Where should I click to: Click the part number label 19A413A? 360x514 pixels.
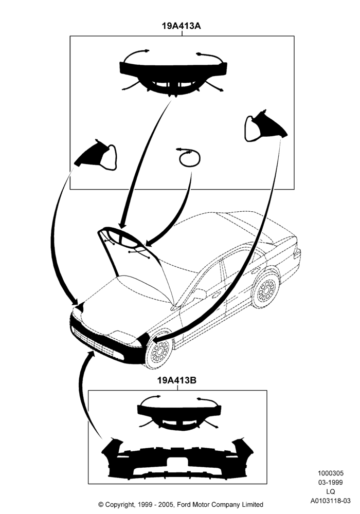[x=181, y=26]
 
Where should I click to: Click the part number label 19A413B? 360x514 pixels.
[x=177, y=380]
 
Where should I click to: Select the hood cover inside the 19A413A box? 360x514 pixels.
[x=173, y=75]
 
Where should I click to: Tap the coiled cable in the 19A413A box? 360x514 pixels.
[x=189, y=157]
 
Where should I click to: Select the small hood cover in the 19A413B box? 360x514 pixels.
[x=179, y=414]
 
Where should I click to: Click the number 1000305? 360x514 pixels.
[x=330, y=473]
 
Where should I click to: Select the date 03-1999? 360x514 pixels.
[x=330, y=482]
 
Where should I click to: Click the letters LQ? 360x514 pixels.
[x=330, y=491]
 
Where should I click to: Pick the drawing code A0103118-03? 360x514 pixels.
[x=330, y=501]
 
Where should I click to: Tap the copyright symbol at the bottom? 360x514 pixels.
[x=101, y=504]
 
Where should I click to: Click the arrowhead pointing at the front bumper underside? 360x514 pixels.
[x=91, y=355]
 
